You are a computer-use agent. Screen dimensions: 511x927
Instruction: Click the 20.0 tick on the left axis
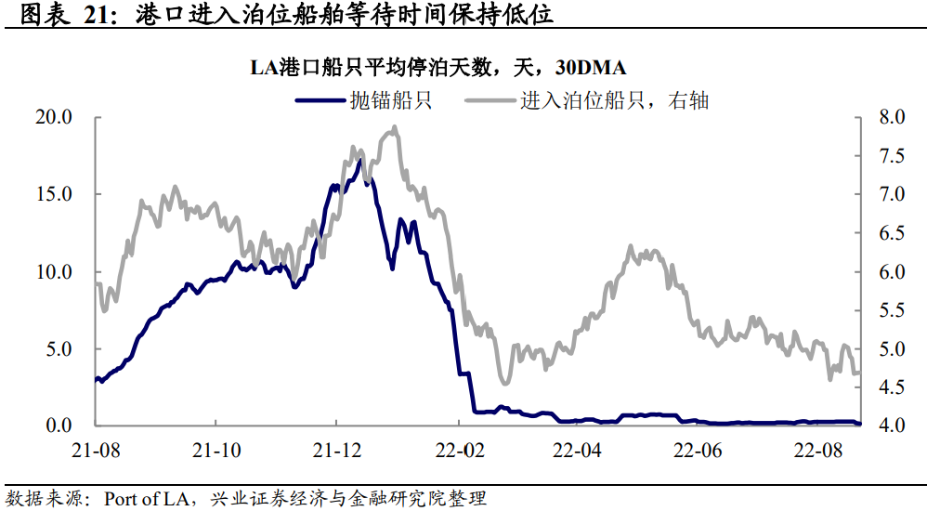[55, 117]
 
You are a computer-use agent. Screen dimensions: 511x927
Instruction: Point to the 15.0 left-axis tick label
[55, 194]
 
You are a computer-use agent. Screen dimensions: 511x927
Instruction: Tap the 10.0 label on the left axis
[55, 271]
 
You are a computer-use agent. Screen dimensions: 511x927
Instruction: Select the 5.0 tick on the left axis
[59, 348]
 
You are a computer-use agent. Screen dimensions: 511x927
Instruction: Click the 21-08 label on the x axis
[97, 450]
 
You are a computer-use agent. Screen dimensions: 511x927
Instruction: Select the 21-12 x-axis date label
[336, 450]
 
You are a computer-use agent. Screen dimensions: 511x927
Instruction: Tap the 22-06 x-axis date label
[698, 450]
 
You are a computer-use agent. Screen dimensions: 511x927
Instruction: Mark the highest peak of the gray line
[395, 127]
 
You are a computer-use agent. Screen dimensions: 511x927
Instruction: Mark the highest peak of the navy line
[359, 160]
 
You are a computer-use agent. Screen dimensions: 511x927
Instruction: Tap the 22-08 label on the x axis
[817, 450]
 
